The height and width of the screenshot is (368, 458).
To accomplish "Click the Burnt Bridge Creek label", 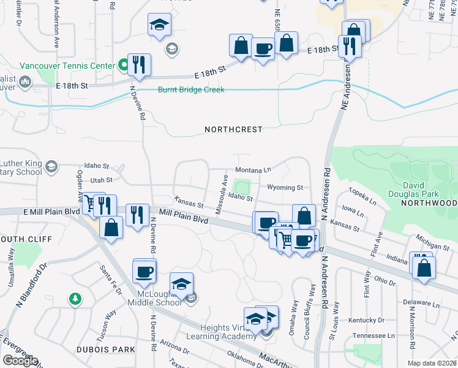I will click(191, 90).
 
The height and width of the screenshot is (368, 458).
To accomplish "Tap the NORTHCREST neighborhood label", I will click(233, 129).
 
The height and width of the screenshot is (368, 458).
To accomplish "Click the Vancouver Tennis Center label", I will click(67, 66).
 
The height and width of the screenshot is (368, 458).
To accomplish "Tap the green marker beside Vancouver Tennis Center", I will click(122, 64).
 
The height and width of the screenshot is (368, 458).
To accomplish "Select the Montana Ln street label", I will click(253, 169).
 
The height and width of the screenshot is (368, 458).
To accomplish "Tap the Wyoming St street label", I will click(285, 187).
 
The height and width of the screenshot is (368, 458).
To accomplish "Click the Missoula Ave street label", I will click(222, 194).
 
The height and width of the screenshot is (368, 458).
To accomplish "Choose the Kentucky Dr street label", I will click(366, 320).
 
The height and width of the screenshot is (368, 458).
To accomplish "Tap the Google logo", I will click(20, 361).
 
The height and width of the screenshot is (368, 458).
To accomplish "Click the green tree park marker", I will click(75, 299).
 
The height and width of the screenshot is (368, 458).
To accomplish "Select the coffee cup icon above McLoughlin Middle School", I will click(145, 270).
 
